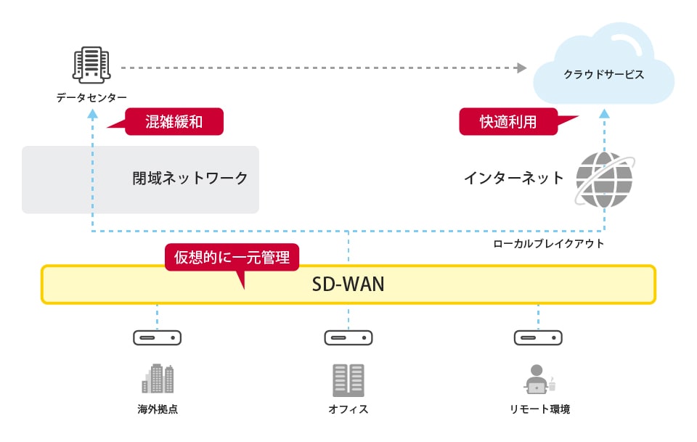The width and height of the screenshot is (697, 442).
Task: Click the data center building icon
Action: click(91, 65)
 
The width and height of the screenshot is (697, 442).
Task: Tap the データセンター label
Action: click(91, 97)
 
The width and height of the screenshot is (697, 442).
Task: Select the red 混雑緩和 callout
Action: click(174, 122)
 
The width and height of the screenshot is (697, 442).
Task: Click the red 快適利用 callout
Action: click(508, 122)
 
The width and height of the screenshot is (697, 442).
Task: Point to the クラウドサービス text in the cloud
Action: click(604, 75)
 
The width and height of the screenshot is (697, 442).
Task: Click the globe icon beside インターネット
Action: click(604, 179)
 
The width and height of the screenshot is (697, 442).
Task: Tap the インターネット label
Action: click(514, 178)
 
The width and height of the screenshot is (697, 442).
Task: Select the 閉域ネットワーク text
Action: click(190, 179)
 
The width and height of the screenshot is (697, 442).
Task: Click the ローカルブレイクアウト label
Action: click(548, 244)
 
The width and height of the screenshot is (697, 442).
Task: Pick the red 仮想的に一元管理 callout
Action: click(232, 257)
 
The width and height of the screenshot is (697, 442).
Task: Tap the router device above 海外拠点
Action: click(157, 337)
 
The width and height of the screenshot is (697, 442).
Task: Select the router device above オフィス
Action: click(348, 337)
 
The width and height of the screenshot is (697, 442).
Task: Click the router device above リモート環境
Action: click(538, 337)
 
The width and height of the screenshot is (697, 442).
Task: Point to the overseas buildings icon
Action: click(158, 378)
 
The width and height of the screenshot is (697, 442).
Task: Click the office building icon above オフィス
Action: click(348, 379)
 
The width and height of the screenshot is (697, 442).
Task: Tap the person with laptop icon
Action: click(538, 378)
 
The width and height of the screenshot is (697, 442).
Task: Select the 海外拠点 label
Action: click(158, 409)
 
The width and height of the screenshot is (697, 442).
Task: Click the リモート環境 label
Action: click(539, 409)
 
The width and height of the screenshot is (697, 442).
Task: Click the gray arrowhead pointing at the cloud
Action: click(521, 68)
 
